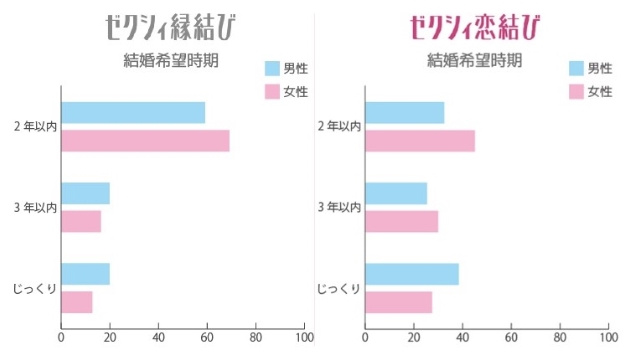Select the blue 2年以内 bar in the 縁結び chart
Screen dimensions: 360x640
pyautogui.click(x=133, y=112)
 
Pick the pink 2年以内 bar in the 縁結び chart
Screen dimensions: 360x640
pyautogui.click(x=145, y=140)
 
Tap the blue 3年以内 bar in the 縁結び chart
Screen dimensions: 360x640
pyautogui.click(x=85, y=193)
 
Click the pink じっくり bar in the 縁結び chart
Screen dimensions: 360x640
pyautogui.click(x=77, y=301)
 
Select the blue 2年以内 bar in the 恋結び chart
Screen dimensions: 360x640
pyautogui.click(x=405, y=112)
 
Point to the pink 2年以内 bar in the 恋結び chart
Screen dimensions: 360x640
pyautogui.click(x=420, y=140)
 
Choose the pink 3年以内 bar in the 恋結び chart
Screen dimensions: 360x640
pyautogui.click(x=402, y=221)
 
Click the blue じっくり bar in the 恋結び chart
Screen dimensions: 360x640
pyautogui.click(x=412, y=274)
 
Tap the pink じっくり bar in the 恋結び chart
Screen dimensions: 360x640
pyautogui.click(x=399, y=301)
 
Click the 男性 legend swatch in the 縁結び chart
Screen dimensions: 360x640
pyautogui.click(x=274, y=68)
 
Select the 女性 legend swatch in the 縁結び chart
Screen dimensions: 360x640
pyautogui.click(x=274, y=92)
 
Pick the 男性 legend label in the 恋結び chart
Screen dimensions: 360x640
pyautogui.click(x=599, y=68)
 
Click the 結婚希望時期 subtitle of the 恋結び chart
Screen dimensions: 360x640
pyautogui.click(x=474, y=59)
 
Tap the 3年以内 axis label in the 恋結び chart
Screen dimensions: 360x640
pyautogui.click(x=339, y=207)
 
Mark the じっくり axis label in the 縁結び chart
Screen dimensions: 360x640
pyautogui.click(x=35, y=288)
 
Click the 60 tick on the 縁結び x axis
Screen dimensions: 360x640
pyautogui.click(x=207, y=338)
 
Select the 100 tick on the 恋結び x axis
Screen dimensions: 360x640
pyautogui.click(x=608, y=338)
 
